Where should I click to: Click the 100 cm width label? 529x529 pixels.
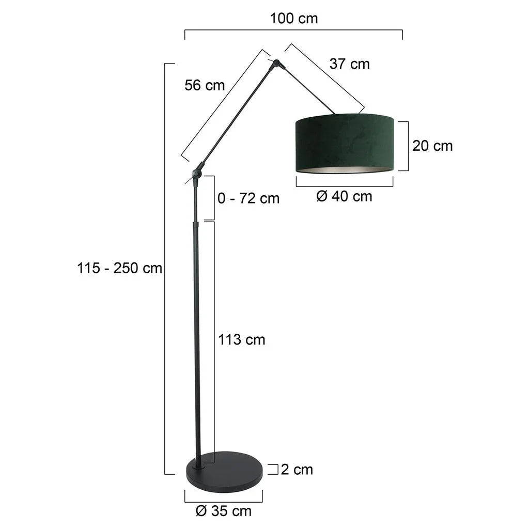point(294,19)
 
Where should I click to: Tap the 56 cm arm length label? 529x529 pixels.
point(205,85)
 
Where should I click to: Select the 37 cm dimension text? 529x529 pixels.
point(349,64)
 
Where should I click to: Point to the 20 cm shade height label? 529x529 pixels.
point(432,146)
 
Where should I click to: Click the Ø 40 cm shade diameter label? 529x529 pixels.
point(344,196)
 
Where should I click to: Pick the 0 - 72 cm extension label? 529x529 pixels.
point(248,198)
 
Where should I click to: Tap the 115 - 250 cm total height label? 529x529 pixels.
point(120,268)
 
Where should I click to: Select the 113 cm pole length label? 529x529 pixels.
point(241,339)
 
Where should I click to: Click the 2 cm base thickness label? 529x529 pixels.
point(297,470)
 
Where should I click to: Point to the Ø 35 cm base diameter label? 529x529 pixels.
point(224,511)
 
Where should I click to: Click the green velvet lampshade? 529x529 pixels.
point(344,141)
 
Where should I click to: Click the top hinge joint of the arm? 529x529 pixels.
point(277,64)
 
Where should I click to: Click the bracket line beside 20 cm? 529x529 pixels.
point(408,146)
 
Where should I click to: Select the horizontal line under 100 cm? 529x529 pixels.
point(294,30)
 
